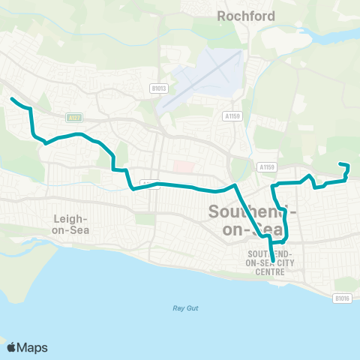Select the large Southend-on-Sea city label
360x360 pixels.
pyautogui.click(x=251, y=220)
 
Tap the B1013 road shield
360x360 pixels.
pyautogui.click(x=158, y=88)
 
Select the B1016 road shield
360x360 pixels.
pyautogui.click(x=341, y=298)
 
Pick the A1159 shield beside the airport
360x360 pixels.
pyautogui.click(x=232, y=116)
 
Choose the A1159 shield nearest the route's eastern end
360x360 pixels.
pyautogui.click(x=265, y=166)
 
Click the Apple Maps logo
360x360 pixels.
pyautogui.click(x=28, y=347)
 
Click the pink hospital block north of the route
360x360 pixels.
pyautogui.click(x=183, y=165)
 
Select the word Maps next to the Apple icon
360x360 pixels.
pyautogui.click(x=33, y=347)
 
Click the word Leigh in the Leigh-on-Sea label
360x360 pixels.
pyautogui.click(x=70, y=218)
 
